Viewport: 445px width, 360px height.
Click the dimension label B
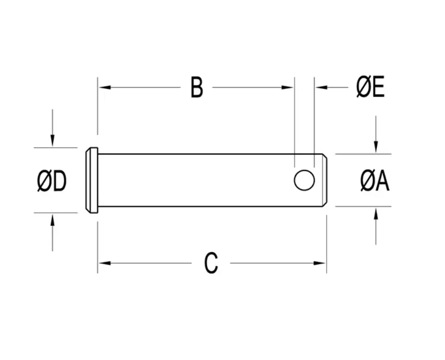click(x=196, y=88)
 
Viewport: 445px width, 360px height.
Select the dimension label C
click(x=211, y=263)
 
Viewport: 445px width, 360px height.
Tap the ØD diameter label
click(x=52, y=182)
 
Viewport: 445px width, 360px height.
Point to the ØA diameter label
click(x=374, y=181)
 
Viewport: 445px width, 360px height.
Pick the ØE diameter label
click(x=370, y=88)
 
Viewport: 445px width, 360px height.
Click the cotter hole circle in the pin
click(x=304, y=180)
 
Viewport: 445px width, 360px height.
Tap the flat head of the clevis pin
click(x=92, y=180)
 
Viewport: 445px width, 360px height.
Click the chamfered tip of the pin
click(x=324, y=180)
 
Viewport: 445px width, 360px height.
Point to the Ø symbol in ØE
click(x=363, y=88)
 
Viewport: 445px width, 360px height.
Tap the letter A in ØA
click(x=383, y=181)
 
